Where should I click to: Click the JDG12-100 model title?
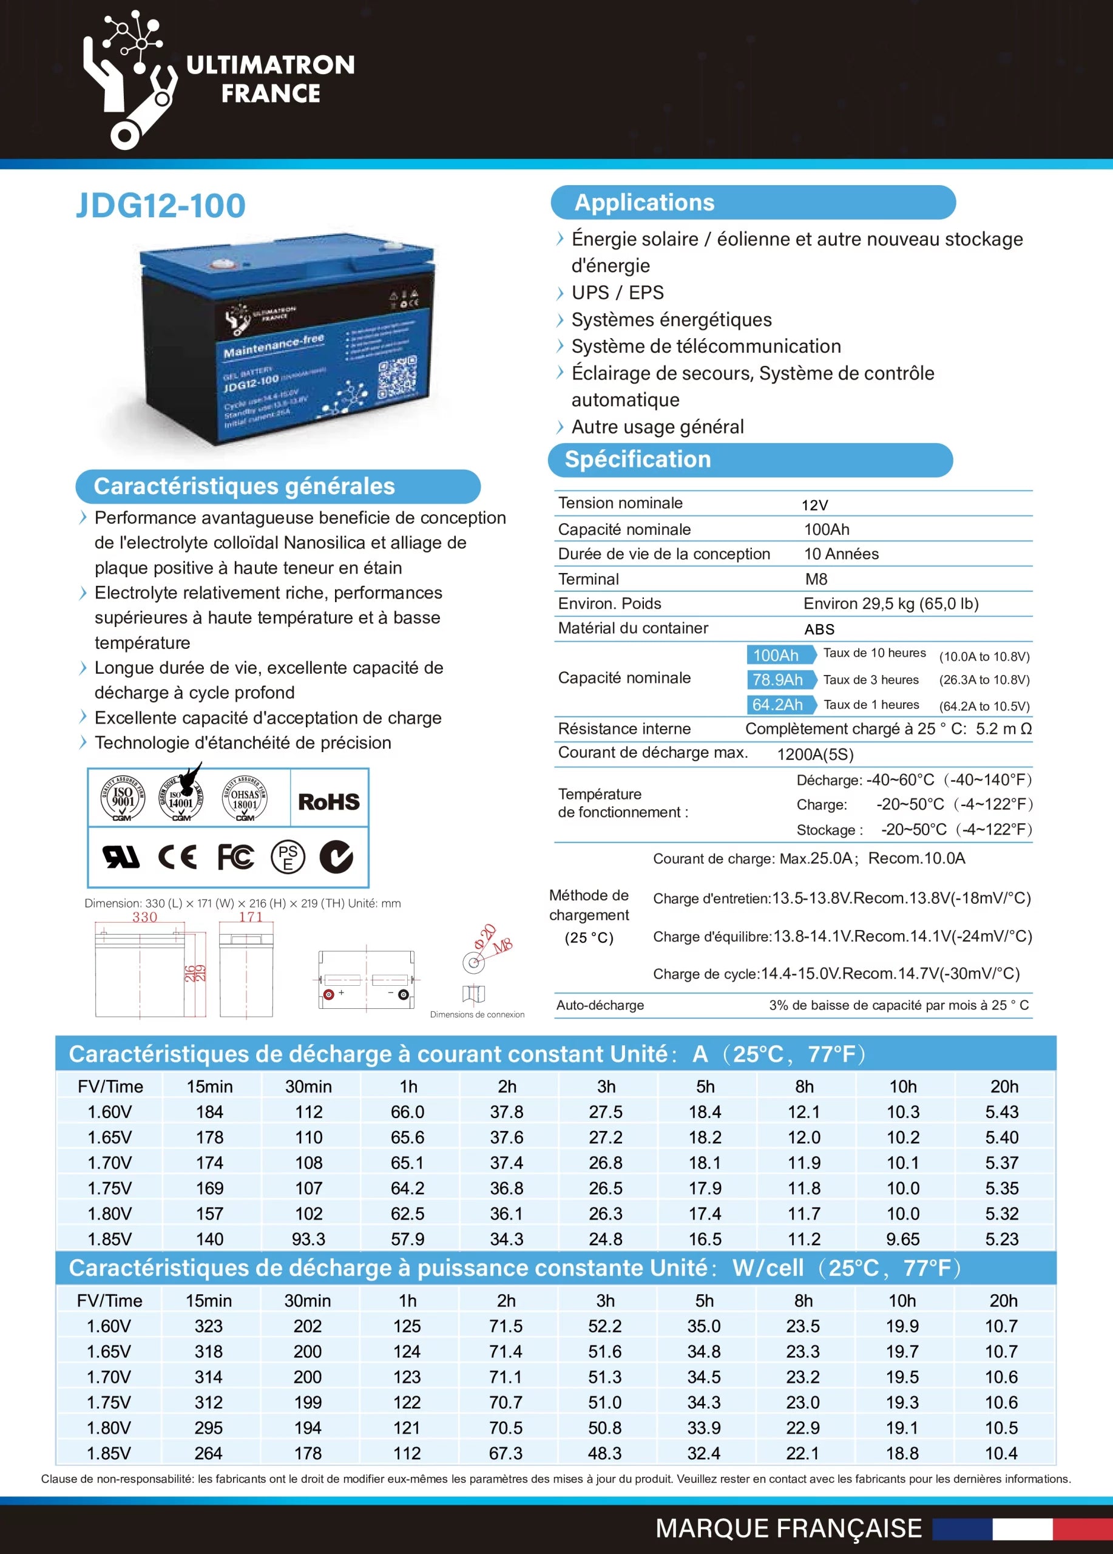coord(160,206)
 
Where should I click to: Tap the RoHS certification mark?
coord(329,802)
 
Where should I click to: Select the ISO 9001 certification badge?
coord(123,799)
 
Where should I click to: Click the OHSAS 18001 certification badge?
coord(245,799)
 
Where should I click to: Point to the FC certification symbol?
coord(235,857)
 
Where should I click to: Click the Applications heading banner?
coord(753,203)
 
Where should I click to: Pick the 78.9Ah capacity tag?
coord(779,680)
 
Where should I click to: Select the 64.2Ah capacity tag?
coord(779,704)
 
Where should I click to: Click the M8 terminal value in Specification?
coord(816,579)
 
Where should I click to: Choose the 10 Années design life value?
coord(841,554)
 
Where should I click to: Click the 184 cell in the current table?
coord(209,1111)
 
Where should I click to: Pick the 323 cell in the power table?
coord(208,1326)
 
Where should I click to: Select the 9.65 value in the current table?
coord(903,1239)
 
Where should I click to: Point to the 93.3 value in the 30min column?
coord(308,1239)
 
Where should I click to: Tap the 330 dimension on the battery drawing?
coord(144,917)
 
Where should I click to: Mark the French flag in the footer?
coord(1022,1529)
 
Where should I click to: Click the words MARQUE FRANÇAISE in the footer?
coord(788,1529)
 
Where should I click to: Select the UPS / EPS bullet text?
coord(617,293)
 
